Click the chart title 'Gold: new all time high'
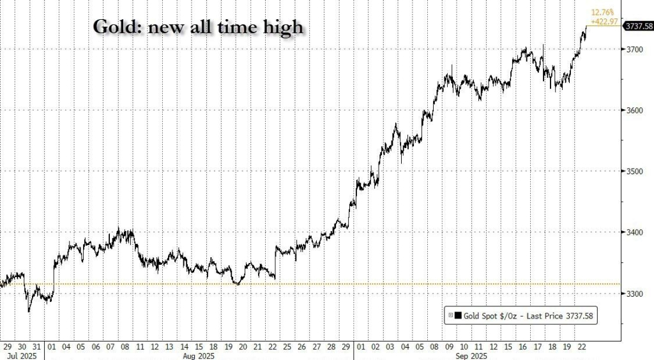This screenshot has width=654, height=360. (198, 27)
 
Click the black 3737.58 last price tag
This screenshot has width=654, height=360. (638, 26)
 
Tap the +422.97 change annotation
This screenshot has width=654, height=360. (604, 22)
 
